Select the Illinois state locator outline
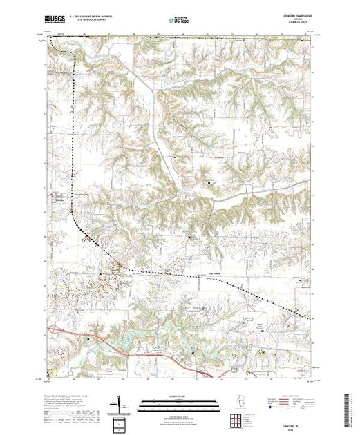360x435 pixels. click(233, 403)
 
